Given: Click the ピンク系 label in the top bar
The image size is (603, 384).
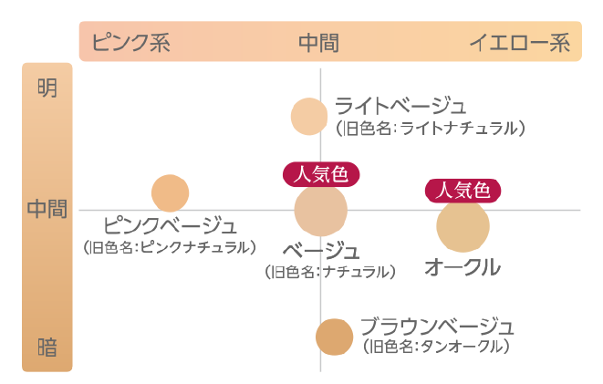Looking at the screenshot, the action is click(131, 42).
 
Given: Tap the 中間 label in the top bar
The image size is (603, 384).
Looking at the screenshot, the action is click(318, 43).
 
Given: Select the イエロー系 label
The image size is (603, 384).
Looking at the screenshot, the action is click(520, 42).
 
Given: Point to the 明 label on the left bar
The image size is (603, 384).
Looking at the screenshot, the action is click(47, 88).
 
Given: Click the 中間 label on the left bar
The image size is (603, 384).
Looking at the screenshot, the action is click(47, 209).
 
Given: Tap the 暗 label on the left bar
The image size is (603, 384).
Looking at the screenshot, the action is click(47, 348).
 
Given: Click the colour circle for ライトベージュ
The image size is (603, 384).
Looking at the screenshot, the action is click(309, 117).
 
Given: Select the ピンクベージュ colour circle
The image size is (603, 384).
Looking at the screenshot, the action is click(170, 193).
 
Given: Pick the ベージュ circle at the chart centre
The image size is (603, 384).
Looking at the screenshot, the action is click(321, 210).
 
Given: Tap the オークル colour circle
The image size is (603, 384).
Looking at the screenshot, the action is click(463, 226).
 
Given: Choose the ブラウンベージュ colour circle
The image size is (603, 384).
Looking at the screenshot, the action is click(334, 337).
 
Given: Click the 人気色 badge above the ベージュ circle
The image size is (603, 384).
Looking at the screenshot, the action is click(321, 174).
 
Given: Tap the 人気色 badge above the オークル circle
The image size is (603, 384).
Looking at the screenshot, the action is click(463, 191).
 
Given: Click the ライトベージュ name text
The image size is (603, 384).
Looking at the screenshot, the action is click(400, 106).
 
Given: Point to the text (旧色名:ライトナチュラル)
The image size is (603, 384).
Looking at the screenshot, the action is click(431, 129).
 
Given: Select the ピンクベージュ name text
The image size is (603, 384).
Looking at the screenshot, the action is click(170, 225).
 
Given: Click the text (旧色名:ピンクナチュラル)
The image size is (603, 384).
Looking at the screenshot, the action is click(170, 247).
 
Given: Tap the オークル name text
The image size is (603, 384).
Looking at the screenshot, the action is click(463, 266).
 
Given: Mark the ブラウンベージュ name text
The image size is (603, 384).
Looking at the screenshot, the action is click(437, 327).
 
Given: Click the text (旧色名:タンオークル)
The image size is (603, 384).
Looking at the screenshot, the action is click(436, 347).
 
